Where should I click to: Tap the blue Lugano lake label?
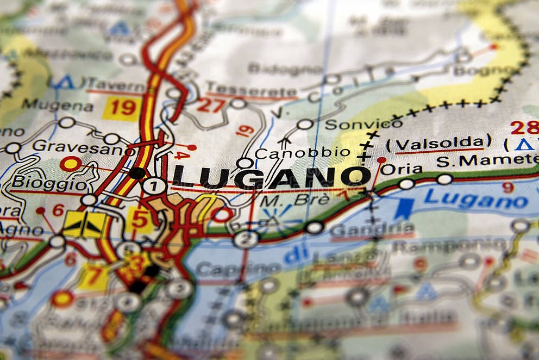click(476, 199)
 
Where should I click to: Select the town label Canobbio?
click(303, 153)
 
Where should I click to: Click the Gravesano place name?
click(76, 146)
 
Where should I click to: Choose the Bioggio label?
click(49, 182)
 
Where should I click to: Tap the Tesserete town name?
click(251, 90)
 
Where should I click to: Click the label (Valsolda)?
click(438, 144)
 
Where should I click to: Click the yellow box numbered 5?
click(140, 219)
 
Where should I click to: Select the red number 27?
click(210, 104)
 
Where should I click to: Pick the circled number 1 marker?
click(154, 186)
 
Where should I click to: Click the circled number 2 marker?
click(246, 239)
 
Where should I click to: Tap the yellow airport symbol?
click(84, 225)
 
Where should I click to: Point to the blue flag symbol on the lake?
click(404, 208)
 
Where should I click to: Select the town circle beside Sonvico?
click(305, 125)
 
